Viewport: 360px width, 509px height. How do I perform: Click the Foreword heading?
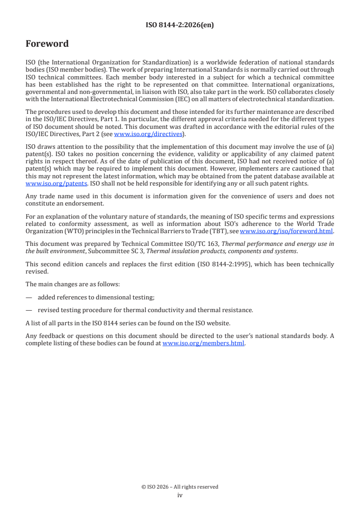coord(47,44)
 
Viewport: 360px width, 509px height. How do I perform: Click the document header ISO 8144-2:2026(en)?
coord(180,25)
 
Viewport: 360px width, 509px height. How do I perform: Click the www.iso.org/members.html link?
coord(203,343)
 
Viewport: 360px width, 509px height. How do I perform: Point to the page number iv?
coord(180,495)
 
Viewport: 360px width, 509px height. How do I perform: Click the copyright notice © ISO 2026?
coord(180,487)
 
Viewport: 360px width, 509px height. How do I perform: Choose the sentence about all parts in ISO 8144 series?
coord(128,323)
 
